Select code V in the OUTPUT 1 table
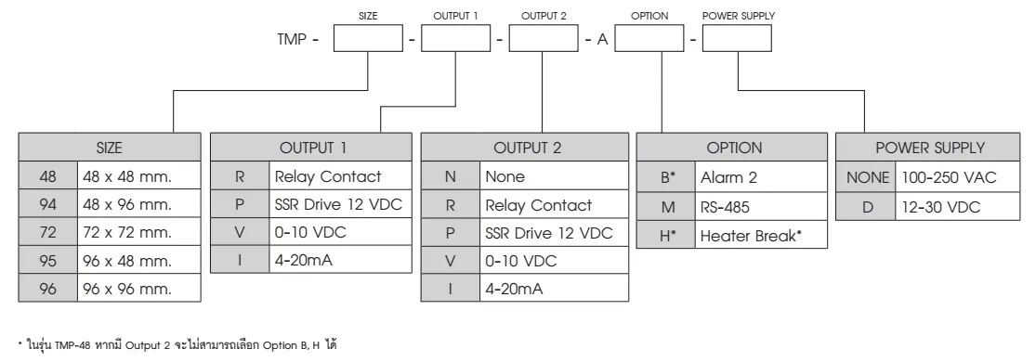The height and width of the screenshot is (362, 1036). [x=239, y=232]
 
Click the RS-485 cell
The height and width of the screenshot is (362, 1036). [x=748, y=203]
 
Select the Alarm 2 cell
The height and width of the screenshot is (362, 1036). [x=748, y=175]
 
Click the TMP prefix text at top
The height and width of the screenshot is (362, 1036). [x=295, y=43]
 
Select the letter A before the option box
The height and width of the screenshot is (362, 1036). [x=601, y=43]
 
